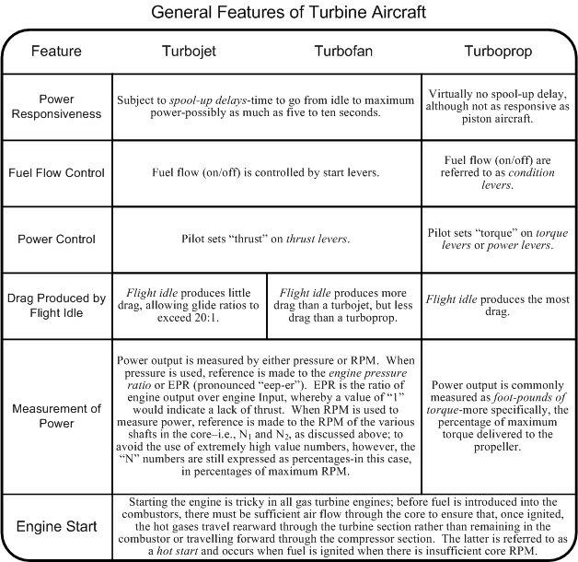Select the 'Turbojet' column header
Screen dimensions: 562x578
(187, 52)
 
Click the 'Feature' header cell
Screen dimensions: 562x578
(56, 52)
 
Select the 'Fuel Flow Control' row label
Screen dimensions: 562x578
(57, 172)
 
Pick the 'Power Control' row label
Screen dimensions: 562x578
(57, 239)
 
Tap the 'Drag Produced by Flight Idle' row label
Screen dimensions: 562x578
(57, 306)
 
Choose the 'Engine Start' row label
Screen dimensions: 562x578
(57, 528)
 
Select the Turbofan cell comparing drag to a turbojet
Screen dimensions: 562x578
(344, 306)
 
